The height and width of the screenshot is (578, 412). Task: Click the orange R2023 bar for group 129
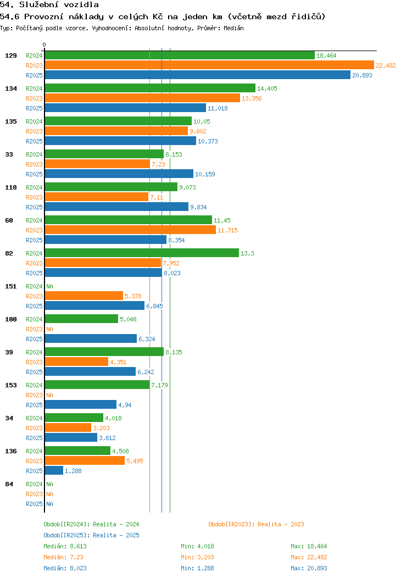point(209,65)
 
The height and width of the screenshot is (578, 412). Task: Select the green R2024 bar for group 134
point(149,88)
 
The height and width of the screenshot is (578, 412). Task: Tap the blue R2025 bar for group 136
point(54,471)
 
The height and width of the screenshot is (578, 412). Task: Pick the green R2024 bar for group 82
point(141,253)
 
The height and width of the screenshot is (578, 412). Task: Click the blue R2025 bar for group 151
point(94,306)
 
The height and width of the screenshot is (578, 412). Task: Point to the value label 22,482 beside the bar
point(386,65)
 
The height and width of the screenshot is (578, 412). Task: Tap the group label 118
point(10,187)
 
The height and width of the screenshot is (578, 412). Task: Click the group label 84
point(9,484)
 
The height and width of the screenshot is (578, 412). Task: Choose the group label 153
point(10,385)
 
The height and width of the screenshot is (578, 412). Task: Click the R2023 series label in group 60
point(34,230)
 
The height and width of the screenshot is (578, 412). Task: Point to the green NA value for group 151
point(49,286)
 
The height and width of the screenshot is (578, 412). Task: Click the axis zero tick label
point(44,45)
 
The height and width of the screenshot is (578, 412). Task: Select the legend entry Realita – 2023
point(256,524)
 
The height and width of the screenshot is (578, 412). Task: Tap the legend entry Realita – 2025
point(91,535)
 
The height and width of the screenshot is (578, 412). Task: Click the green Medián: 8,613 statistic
point(65,546)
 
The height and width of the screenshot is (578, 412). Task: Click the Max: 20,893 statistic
point(309,568)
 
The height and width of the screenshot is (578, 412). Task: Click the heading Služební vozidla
point(49,5)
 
